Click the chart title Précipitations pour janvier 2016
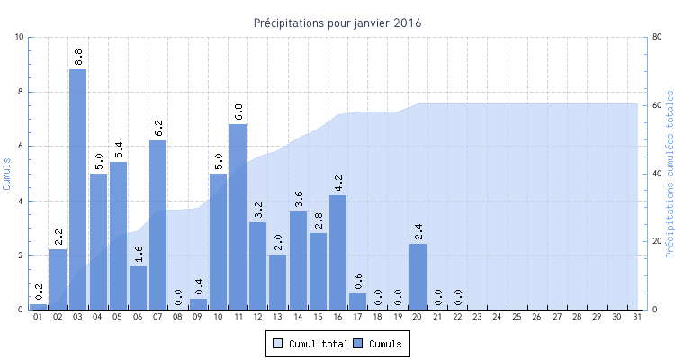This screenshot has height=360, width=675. (x=337, y=22)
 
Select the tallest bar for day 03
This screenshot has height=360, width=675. (x=78, y=189)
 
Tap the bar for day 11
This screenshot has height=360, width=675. (x=238, y=217)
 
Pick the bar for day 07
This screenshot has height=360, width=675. (x=158, y=225)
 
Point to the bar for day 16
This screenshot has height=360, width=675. (x=338, y=252)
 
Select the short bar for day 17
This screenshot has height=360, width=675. (x=358, y=301)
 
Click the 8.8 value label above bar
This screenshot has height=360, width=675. (x=78, y=57)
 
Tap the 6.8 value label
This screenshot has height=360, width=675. (x=238, y=112)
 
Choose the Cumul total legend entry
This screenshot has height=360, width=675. (x=310, y=343)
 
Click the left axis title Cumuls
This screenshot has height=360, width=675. (x=7, y=173)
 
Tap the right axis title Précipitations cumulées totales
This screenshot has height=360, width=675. (x=669, y=173)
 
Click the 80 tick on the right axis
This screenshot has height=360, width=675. (x=657, y=37)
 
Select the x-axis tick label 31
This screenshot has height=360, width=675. (x=638, y=318)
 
